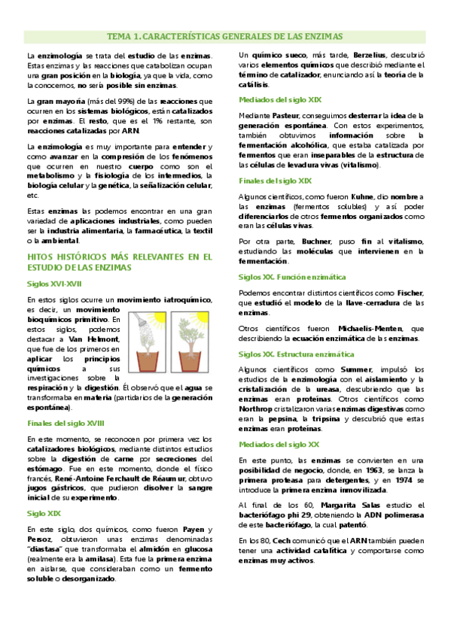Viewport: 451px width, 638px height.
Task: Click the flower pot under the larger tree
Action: [x=188, y=358]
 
